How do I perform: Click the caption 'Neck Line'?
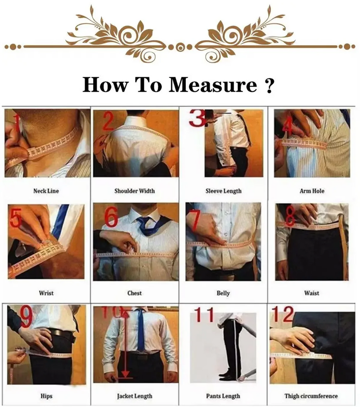(x=46, y=191)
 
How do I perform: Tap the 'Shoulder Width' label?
(x=134, y=191)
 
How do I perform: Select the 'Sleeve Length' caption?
(x=223, y=191)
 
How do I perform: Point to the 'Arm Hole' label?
(x=312, y=191)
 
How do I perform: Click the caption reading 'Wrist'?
(x=46, y=293)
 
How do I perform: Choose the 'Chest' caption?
(x=134, y=293)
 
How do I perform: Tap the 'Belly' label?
(x=223, y=293)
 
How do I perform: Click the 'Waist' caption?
(x=312, y=293)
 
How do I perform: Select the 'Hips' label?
(x=46, y=396)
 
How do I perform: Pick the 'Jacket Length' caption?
(x=135, y=396)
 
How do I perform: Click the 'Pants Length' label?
(x=223, y=396)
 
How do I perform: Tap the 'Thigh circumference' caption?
(x=311, y=396)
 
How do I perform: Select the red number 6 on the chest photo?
(x=111, y=217)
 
